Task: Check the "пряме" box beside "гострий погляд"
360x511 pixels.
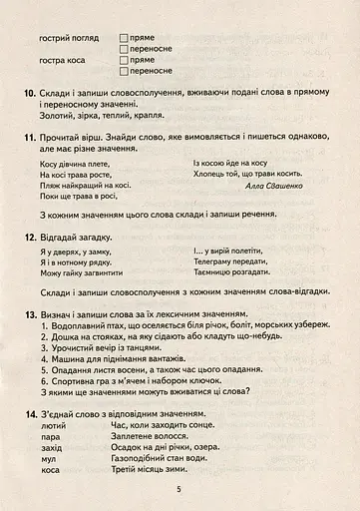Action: tap(123, 37)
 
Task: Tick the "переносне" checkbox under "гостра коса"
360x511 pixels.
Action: tap(123, 71)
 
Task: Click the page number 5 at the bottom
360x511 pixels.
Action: tap(179, 489)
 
